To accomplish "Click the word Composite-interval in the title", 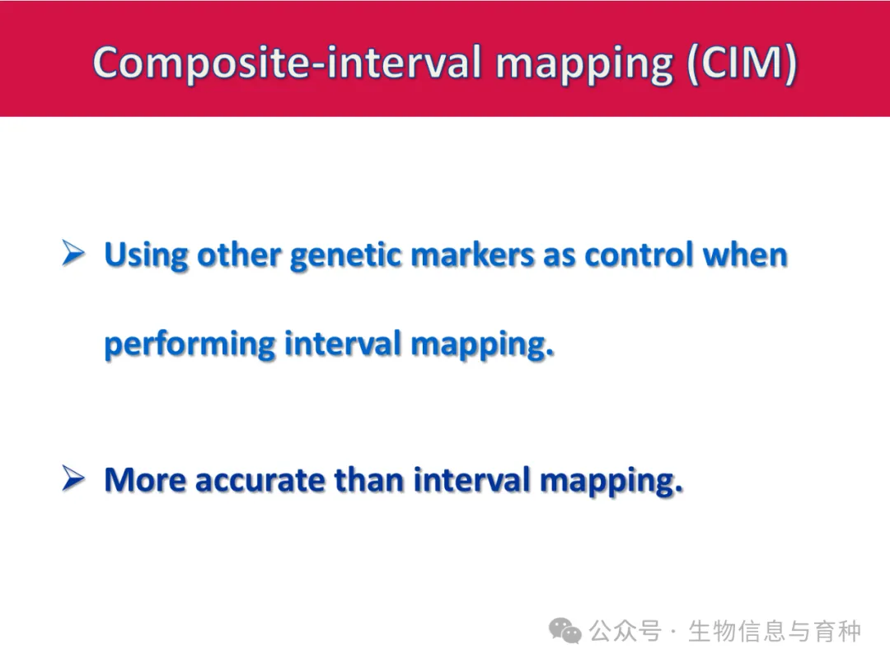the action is click(288, 63).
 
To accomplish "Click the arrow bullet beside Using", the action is click(73, 253).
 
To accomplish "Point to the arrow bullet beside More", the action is click(73, 478).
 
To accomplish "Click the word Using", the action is click(146, 255).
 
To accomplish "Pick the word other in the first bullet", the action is click(238, 254).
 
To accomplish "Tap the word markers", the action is click(472, 254).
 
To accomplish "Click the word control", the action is click(639, 254).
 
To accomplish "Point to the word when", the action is click(745, 254).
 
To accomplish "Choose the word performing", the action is click(190, 345).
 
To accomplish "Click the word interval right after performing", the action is click(343, 343).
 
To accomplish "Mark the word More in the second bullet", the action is click(145, 480).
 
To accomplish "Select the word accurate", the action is click(260, 481).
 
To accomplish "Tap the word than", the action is click(369, 480).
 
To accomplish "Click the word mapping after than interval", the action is click(611, 482).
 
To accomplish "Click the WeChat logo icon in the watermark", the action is click(565, 631).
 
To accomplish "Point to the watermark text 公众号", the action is click(625, 631).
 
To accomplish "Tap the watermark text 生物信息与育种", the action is click(775, 631).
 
